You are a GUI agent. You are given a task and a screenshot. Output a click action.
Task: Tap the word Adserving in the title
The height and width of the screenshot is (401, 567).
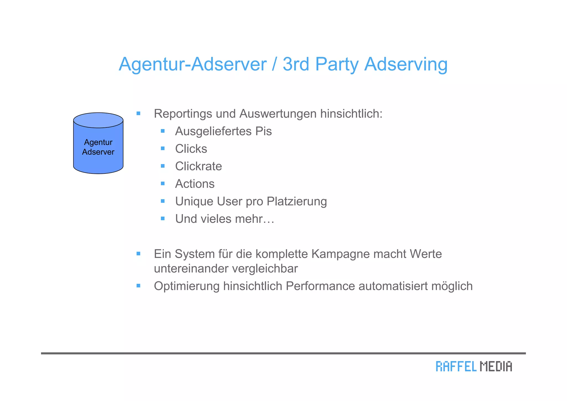click(x=406, y=64)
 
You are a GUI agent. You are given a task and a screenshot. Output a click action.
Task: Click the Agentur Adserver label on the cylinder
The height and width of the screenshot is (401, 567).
click(x=98, y=147)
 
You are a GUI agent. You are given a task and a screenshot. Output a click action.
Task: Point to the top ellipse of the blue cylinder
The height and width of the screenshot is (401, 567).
click(x=98, y=120)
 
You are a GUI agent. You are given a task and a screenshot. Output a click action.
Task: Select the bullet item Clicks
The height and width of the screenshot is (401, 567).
click(x=191, y=149)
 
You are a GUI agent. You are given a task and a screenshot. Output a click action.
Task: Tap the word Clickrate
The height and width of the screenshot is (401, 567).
click(x=199, y=166)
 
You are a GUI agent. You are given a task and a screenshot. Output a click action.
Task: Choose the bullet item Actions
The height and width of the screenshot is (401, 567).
click(x=195, y=184)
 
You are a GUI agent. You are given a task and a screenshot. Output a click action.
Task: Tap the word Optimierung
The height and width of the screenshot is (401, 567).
click(x=187, y=286)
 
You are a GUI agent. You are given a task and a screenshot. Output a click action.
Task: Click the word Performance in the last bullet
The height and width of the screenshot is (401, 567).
click(x=320, y=286)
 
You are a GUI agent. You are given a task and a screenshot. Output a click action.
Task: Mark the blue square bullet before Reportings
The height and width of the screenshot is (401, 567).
click(x=138, y=113)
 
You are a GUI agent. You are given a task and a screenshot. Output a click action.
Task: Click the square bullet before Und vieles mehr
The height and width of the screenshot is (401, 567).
click(x=163, y=219)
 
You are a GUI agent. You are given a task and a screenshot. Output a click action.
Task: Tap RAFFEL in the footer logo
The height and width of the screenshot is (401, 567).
click(x=456, y=366)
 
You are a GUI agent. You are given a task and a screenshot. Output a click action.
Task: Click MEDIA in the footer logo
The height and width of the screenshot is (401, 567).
click(x=496, y=366)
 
